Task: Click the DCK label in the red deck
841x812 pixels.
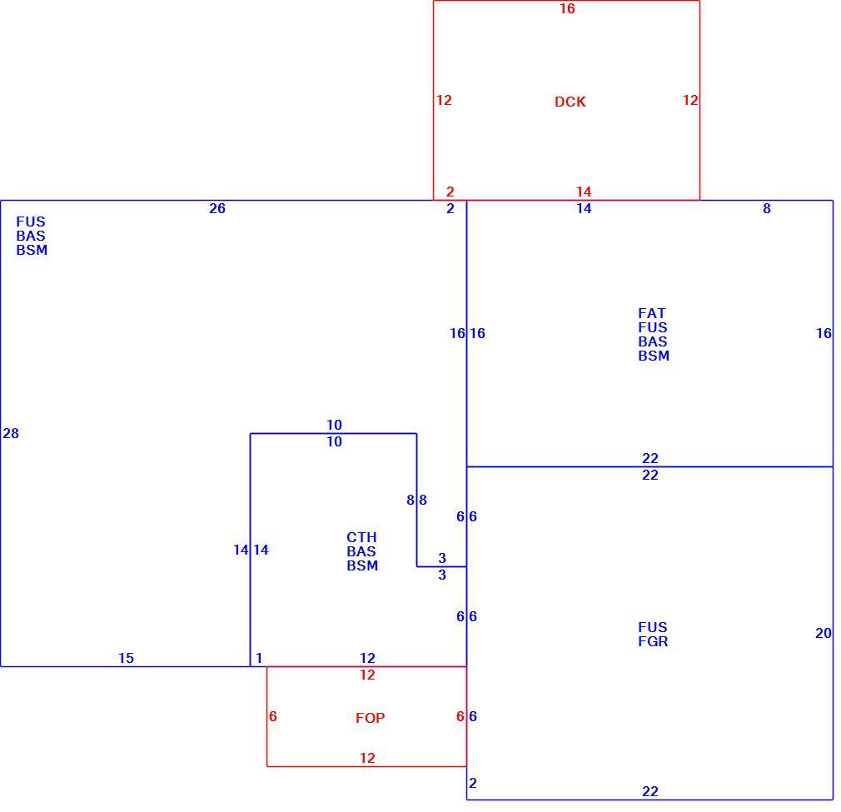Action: point(570,102)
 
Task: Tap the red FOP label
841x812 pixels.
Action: point(370,718)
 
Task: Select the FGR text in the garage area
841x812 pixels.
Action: point(653,641)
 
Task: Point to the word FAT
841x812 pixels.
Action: point(652,313)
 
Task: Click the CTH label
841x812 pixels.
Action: point(361,537)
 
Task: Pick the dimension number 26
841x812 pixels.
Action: point(217,209)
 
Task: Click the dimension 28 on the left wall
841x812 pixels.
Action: point(11,433)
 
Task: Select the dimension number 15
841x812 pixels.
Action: point(126,658)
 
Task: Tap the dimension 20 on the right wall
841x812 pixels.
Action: point(824,634)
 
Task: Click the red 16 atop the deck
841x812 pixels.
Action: point(567,8)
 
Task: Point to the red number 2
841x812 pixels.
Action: point(450,192)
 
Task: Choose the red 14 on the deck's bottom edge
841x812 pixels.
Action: point(584,192)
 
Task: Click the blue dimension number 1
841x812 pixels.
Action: point(259,658)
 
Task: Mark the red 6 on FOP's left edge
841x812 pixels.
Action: point(273,716)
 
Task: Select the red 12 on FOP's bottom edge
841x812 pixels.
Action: point(367,758)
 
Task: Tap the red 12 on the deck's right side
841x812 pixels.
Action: point(690,100)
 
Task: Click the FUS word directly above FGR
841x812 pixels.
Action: point(653,627)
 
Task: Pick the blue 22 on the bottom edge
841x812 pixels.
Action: point(650,791)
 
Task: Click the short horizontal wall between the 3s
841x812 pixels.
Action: point(441,566)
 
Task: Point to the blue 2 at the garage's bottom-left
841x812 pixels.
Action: point(472,783)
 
